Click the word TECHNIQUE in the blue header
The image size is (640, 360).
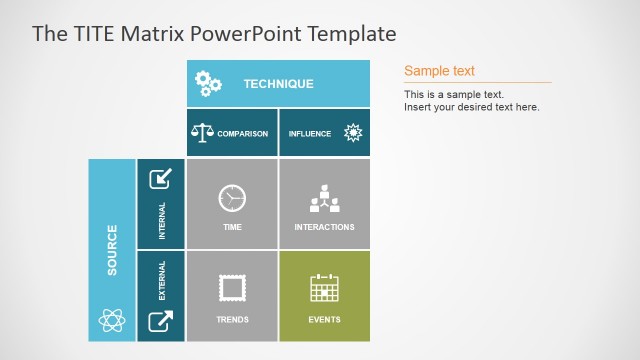coord(278,84)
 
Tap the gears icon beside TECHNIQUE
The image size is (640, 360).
coord(208,84)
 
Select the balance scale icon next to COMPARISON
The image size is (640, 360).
coord(202,133)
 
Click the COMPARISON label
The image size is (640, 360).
coord(242,134)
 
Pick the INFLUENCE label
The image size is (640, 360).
coord(310,134)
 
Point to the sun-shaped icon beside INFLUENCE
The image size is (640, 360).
coord(352,133)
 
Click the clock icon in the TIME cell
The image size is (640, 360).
coord(232,198)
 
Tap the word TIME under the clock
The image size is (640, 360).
coord(232,227)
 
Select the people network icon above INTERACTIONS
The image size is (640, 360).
coord(324,198)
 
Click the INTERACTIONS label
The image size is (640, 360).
coord(324,227)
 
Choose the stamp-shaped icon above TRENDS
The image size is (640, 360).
coord(232,289)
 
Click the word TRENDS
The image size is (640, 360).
coord(232,320)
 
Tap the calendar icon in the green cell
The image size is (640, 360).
coord(324,289)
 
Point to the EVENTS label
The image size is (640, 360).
coord(324,320)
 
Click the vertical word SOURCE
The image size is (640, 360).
coord(112,250)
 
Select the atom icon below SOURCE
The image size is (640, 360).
coord(111,320)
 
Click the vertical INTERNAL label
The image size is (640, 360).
coord(162,221)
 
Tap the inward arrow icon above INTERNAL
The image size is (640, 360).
coord(160,179)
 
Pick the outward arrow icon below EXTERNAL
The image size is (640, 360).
coord(160,321)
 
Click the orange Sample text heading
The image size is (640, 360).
coord(439,71)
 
